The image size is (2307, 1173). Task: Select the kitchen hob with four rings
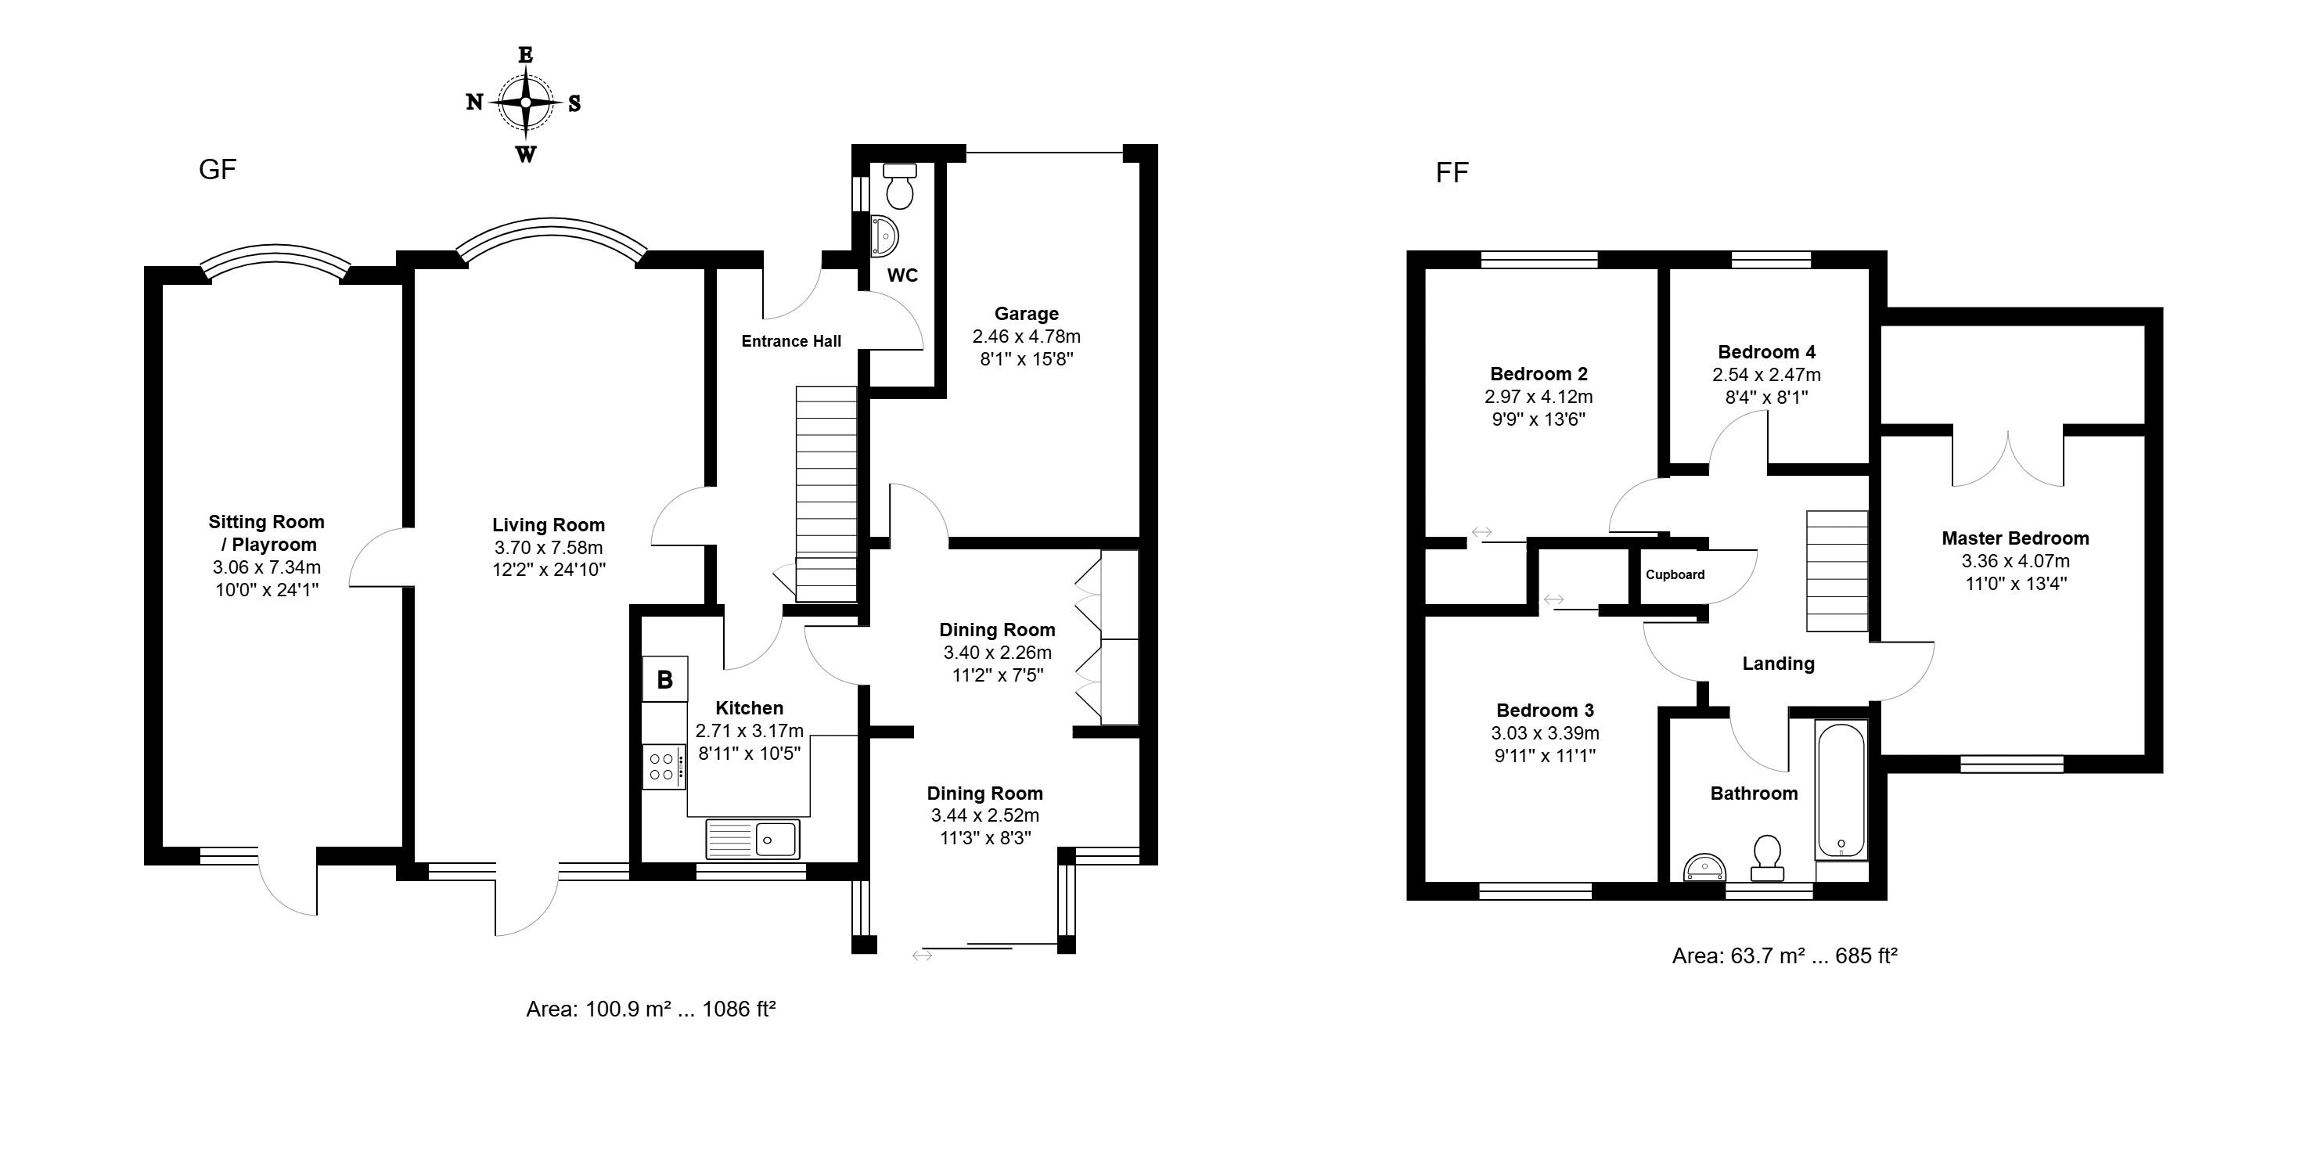[664, 766]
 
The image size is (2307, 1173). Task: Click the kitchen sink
[753, 839]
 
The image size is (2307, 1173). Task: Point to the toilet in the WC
[898, 185]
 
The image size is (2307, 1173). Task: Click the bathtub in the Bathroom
[1841, 790]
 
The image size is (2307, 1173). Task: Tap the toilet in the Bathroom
[1767, 858]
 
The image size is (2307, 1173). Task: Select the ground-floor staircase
[826, 493]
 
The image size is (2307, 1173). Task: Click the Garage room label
[1026, 313]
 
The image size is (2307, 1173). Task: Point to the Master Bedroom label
[2015, 538]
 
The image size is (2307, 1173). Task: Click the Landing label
[1778, 664]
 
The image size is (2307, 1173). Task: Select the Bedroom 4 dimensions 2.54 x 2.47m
[1766, 375]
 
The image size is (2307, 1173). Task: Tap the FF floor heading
[1452, 173]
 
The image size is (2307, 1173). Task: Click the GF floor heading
[218, 169]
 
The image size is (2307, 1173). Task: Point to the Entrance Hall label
[792, 341]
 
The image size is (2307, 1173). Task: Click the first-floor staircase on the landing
[1837, 571]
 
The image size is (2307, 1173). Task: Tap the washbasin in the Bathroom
[1705, 867]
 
